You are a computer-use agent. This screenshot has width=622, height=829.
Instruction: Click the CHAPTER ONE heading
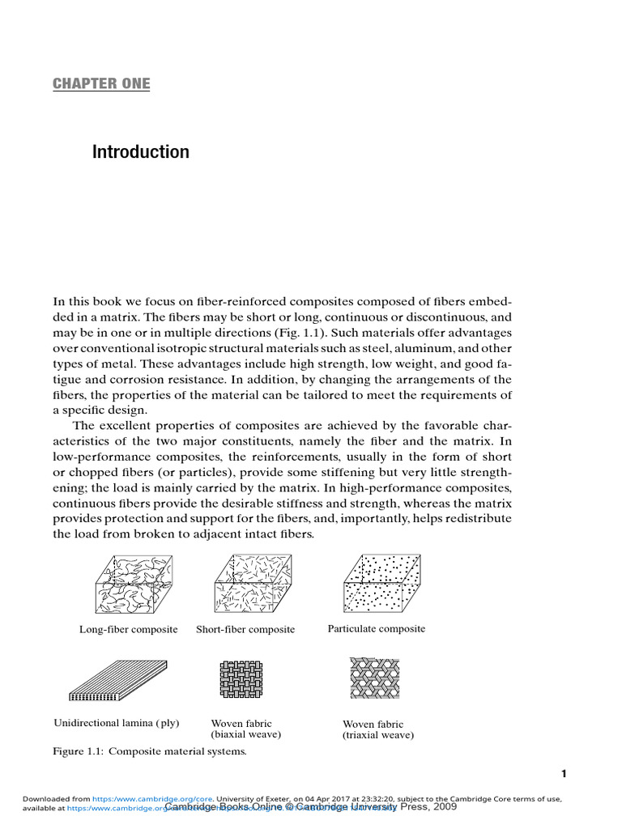click(101, 83)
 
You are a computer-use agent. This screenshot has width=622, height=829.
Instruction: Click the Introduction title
click(140, 152)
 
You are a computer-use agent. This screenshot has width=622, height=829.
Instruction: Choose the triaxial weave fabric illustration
click(375, 678)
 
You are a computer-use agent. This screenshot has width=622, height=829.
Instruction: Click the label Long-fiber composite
click(128, 629)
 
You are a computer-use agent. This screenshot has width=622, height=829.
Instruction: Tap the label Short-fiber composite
click(245, 629)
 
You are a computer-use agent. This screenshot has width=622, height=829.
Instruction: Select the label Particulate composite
click(376, 628)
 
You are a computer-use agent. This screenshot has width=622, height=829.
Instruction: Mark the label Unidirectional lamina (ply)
click(116, 722)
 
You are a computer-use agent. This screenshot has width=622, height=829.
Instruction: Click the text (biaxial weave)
click(245, 735)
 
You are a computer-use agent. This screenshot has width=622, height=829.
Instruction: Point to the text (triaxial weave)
click(378, 735)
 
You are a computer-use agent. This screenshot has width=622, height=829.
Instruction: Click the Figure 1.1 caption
click(149, 751)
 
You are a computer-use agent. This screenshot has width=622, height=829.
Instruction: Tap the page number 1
click(564, 774)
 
